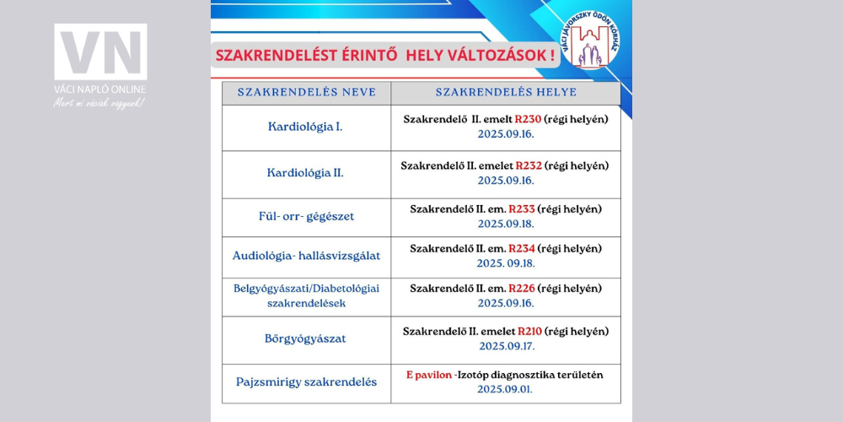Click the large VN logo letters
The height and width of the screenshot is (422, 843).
tap(100, 52)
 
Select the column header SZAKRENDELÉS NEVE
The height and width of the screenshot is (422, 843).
tap(306, 92)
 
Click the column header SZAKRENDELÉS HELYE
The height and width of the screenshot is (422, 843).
tap(506, 92)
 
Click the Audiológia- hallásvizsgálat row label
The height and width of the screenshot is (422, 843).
tap(305, 255)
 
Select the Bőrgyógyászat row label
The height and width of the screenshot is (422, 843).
tap(305, 338)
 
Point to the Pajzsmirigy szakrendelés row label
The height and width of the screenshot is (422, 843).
tap(306, 381)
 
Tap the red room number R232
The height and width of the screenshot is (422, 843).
tap(529, 165)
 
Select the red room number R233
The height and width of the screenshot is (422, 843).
tap(522, 208)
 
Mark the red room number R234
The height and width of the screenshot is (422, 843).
tap(522, 248)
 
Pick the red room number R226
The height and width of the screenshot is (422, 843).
tap(522, 288)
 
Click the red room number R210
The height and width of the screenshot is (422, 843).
tap(529, 331)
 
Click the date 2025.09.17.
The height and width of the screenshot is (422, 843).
tap(506, 346)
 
